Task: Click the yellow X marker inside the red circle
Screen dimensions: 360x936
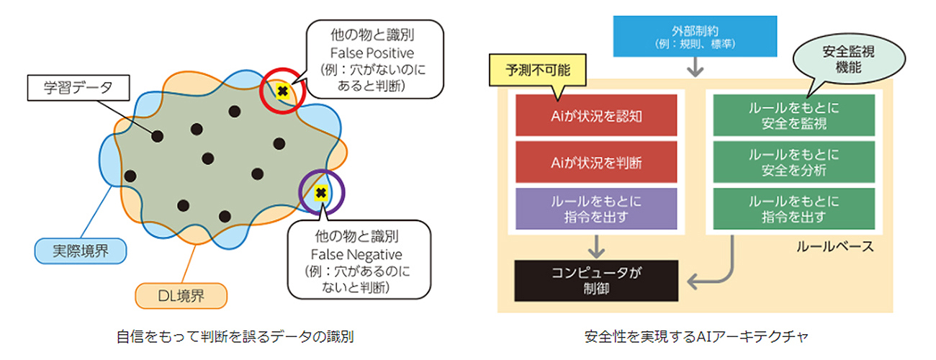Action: pyautogui.click(x=282, y=91)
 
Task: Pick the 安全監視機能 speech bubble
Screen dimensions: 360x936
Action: pyautogui.click(x=833, y=58)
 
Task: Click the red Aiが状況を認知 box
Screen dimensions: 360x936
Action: pyautogui.click(x=597, y=114)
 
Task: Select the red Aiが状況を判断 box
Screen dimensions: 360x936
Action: pyautogui.click(x=597, y=162)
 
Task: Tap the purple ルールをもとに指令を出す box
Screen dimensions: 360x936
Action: pyautogui.click(x=597, y=209)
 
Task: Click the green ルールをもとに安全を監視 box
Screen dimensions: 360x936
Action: pyautogui.click(x=793, y=114)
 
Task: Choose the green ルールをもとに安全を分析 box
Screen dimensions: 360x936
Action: pyautogui.click(x=793, y=162)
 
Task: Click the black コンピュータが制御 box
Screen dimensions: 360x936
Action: pyautogui.click(x=597, y=280)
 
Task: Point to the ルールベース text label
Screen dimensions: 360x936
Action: pyautogui.click(x=834, y=247)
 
